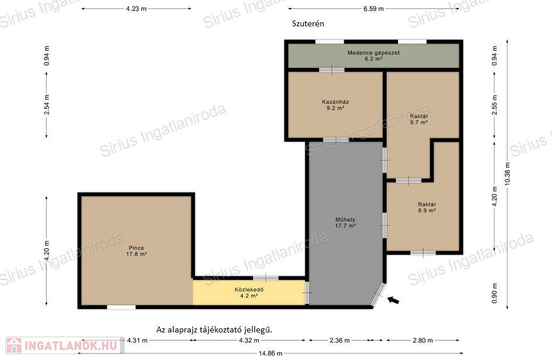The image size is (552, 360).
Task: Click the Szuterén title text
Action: coord(308,23)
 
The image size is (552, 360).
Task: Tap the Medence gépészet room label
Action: coord(373,56)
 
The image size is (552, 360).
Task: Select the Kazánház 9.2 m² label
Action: coord(335,105)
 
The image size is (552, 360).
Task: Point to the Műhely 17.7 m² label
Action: coord(345,222)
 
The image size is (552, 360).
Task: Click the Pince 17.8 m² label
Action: coord(136,251)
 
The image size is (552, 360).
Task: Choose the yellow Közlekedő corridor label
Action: coord(249,293)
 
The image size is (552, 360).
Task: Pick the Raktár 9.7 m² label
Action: coord(419,119)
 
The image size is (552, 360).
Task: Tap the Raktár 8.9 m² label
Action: coord(427,207)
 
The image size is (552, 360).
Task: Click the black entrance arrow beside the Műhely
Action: coord(393,300)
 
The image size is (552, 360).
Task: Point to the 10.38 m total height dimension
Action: coord(508,174)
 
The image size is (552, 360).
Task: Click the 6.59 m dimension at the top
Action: coord(373,8)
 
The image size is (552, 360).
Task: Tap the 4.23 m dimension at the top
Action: coord(136,8)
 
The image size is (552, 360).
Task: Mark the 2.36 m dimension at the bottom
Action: coord(340,340)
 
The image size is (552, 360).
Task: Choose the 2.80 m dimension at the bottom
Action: coord(423,340)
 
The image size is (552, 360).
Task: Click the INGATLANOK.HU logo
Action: coord(65,345)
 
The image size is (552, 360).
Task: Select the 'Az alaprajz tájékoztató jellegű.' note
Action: coord(214,330)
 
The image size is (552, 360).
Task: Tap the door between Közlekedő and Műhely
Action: coord(307,293)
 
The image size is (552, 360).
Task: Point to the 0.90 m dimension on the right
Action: coord(495,293)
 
